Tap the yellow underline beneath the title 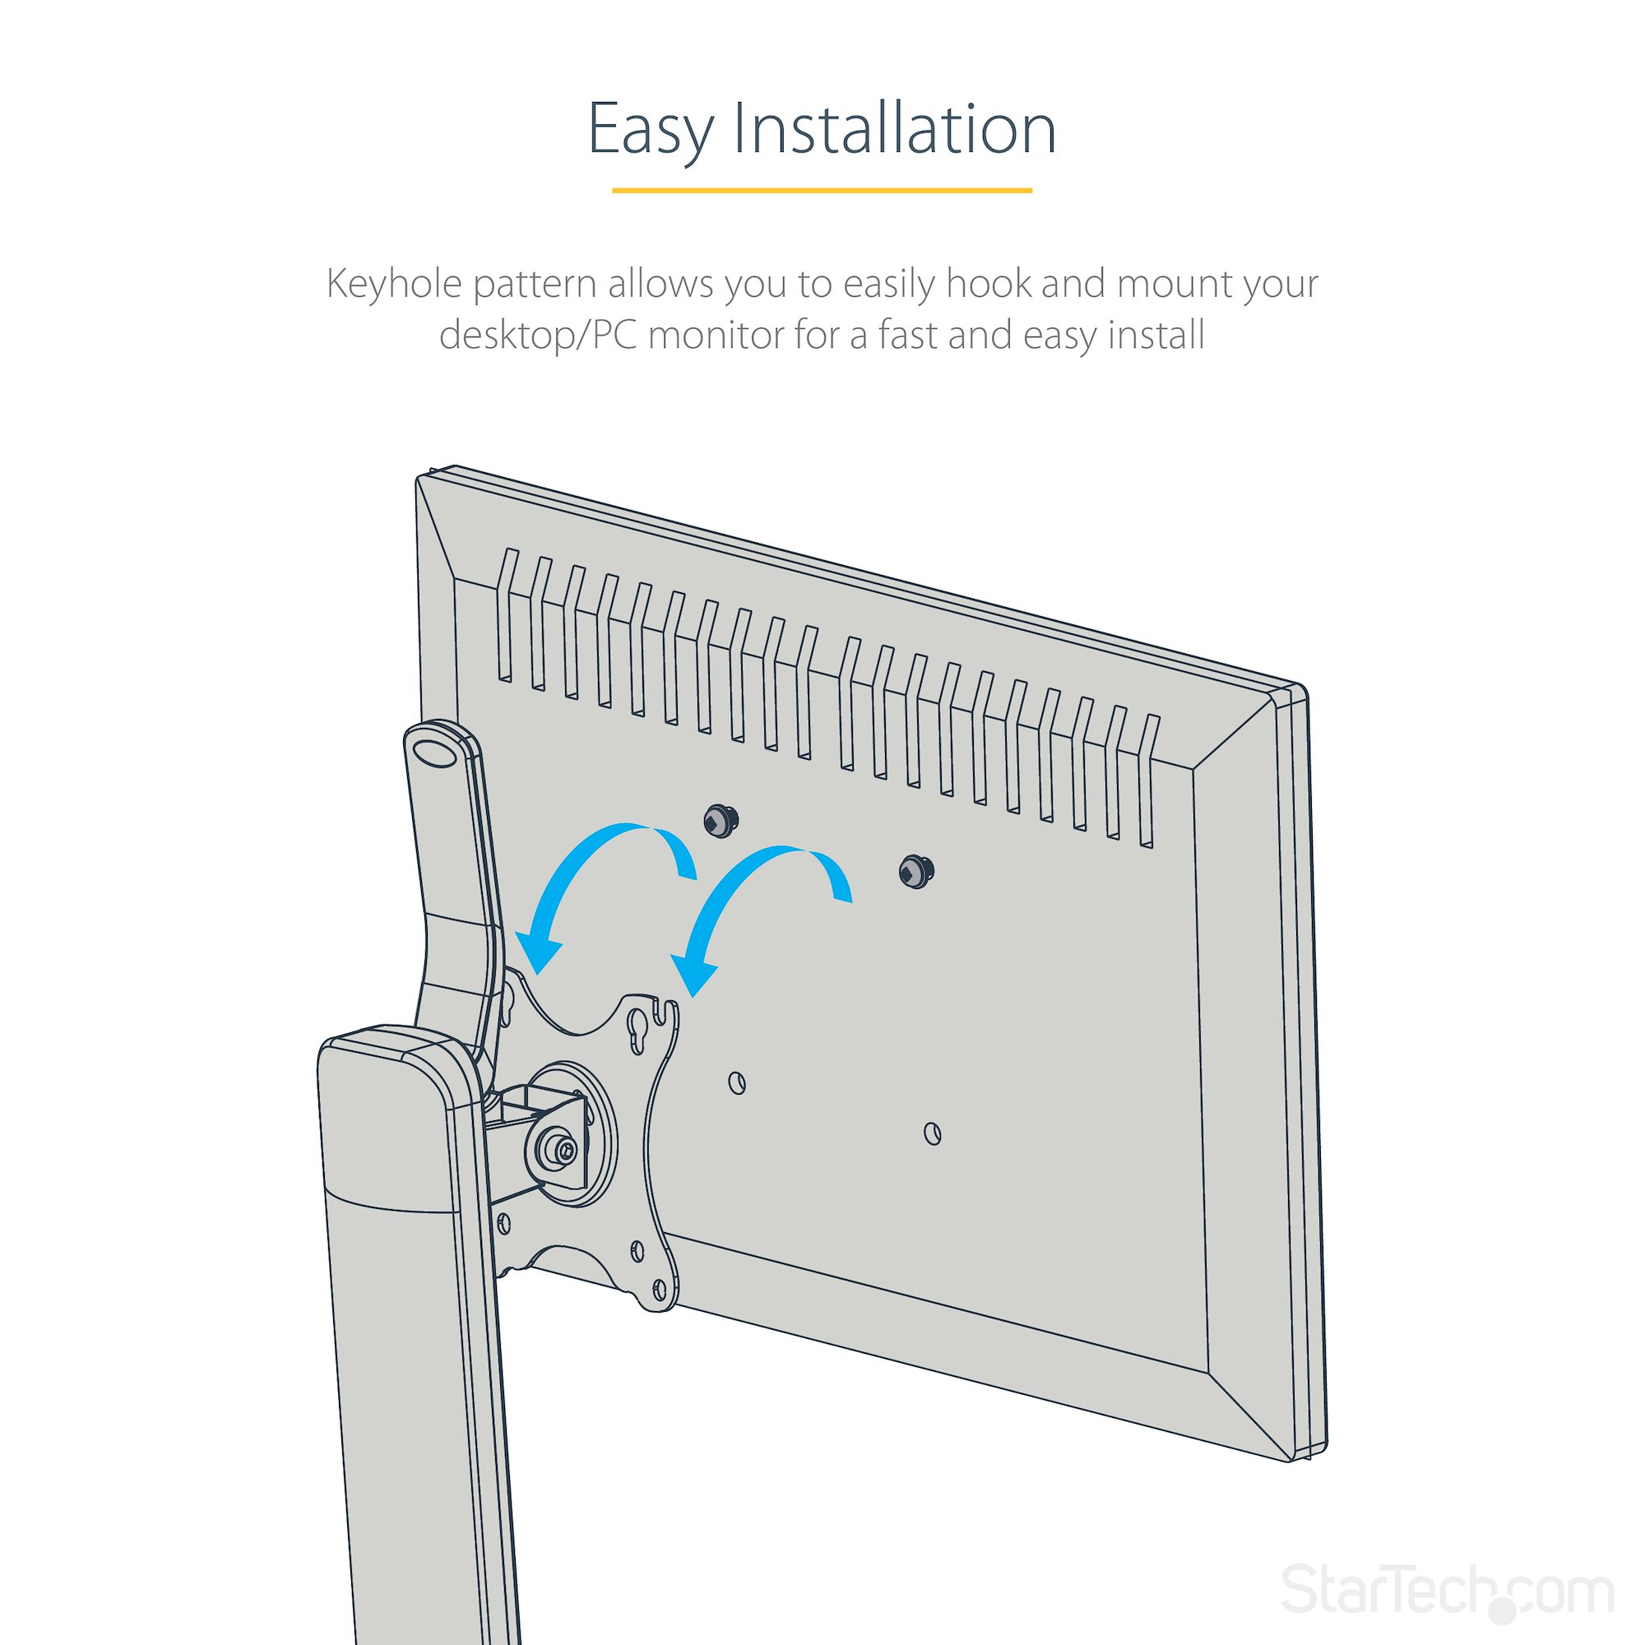(822, 190)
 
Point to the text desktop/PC (538, 336)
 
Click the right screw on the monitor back (915, 870)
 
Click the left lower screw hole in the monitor (737, 1083)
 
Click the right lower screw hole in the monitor (933, 1133)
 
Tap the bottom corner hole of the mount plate (660, 1312)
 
